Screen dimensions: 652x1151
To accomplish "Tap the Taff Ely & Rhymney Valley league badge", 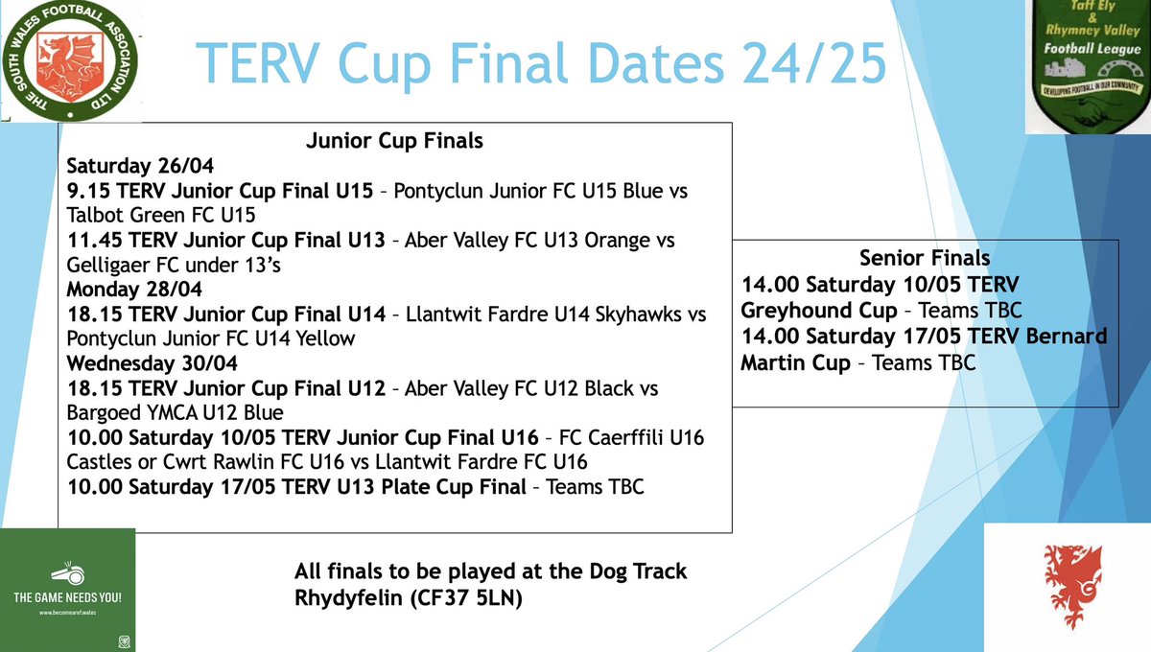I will pyautogui.click(x=1088, y=65).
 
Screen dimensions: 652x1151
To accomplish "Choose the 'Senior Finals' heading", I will pyautogui.click(x=926, y=258).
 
